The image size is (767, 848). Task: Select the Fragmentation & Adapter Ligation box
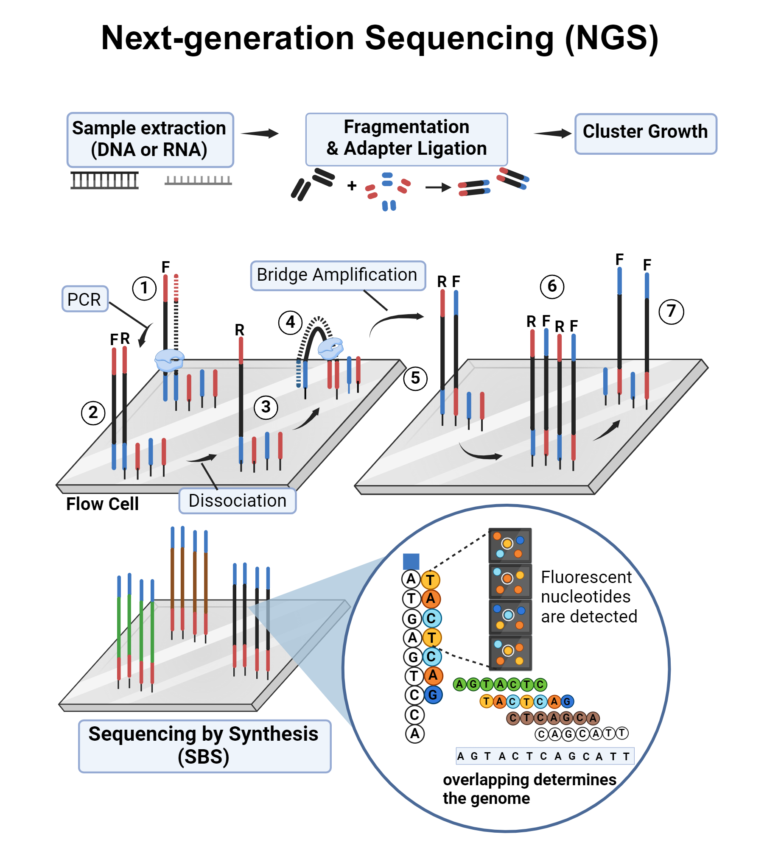pyautogui.click(x=406, y=139)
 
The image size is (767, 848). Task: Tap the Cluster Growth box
pyautogui.click(x=645, y=133)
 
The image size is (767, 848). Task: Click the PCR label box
pyautogui.click(x=85, y=299)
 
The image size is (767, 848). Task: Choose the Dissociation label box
pyautogui.click(x=237, y=501)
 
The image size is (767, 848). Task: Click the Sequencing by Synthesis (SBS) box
pyautogui.click(x=204, y=745)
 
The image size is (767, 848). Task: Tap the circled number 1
pyautogui.click(x=144, y=288)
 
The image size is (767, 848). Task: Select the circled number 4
pyautogui.click(x=290, y=323)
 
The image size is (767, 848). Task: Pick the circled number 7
pyautogui.click(x=671, y=312)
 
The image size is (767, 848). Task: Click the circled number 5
pyautogui.click(x=415, y=378)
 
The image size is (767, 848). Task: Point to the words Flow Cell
pyautogui.click(x=102, y=504)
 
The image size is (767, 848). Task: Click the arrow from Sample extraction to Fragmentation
pyautogui.click(x=260, y=134)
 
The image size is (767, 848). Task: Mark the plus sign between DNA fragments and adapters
pyautogui.click(x=352, y=186)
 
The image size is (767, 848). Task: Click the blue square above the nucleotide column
pyautogui.click(x=411, y=561)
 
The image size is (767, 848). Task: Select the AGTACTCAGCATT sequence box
pyautogui.click(x=545, y=756)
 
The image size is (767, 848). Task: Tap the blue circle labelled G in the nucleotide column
pyautogui.click(x=433, y=695)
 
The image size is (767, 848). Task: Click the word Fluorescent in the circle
pyautogui.click(x=586, y=577)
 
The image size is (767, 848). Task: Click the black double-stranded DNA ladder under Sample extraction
pyautogui.click(x=104, y=180)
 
